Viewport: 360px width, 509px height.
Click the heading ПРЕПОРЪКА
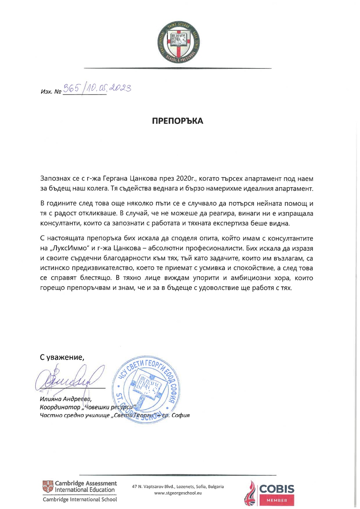[x=178, y=121]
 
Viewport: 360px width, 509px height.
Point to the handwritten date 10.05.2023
[x=108, y=88]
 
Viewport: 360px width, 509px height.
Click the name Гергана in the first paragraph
[x=115, y=179]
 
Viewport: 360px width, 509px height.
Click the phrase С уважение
[x=62, y=357]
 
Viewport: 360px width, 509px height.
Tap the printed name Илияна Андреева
[x=66, y=399]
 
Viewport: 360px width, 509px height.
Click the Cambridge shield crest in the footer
[x=48, y=487]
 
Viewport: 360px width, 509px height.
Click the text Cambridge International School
[x=80, y=499]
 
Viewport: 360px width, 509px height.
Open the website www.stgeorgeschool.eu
[x=178, y=493]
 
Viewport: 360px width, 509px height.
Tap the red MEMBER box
[x=277, y=500]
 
